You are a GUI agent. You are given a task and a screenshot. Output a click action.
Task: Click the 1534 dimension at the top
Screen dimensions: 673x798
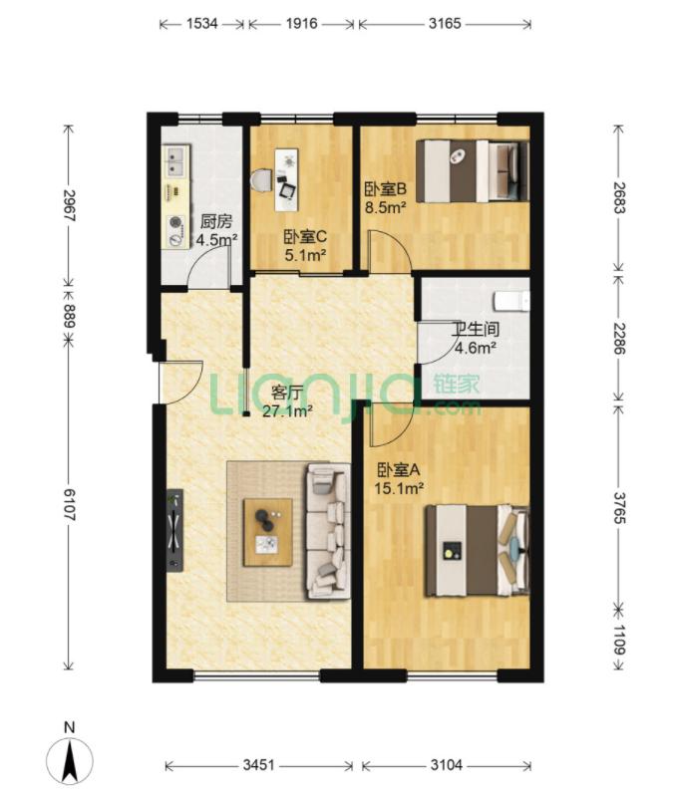tap(202, 23)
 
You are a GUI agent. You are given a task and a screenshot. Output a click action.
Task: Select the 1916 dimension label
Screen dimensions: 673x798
tap(301, 23)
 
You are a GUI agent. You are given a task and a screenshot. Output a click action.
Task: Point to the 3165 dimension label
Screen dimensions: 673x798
tap(445, 23)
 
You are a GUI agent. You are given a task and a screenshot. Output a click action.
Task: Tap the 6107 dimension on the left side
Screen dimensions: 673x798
tap(69, 504)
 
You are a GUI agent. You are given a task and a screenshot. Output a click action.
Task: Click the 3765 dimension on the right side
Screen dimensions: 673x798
tap(619, 508)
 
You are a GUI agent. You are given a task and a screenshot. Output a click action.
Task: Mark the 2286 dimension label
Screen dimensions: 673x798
tap(619, 338)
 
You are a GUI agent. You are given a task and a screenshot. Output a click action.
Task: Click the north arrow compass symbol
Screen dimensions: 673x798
tap(70, 760)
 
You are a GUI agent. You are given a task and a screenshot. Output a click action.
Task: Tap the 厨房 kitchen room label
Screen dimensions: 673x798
tap(216, 221)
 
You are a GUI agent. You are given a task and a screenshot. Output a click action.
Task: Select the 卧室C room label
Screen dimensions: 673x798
tap(305, 237)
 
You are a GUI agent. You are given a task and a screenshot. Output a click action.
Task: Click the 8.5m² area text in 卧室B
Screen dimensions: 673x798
tap(385, 207)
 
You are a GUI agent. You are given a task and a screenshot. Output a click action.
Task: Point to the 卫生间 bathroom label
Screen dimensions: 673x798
tap(476, 330)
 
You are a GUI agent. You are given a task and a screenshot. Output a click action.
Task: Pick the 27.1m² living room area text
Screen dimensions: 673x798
tap(287, 410)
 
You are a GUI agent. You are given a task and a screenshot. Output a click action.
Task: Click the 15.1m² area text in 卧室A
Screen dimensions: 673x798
tap(400, 488)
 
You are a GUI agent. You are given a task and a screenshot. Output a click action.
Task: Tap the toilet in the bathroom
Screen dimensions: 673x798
tap(512, 301)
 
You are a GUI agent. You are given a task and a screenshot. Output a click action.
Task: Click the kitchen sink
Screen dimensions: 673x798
tap(175, 160)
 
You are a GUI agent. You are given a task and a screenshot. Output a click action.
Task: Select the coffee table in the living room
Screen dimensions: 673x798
tap(268, 532)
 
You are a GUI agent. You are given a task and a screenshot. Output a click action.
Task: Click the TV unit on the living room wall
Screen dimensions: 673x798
tap(174, 530)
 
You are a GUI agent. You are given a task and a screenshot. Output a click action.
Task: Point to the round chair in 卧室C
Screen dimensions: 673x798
tap(262, 180)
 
